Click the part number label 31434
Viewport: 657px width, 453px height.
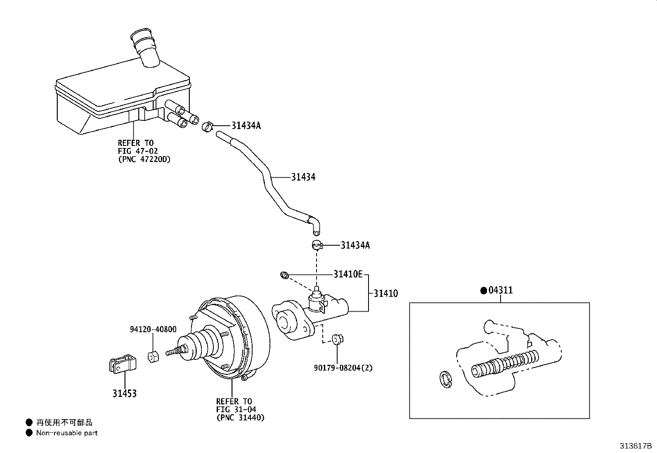pos(303,177)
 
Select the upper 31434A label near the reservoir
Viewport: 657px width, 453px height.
pos(246,125)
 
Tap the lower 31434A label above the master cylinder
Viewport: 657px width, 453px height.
pos(355,245)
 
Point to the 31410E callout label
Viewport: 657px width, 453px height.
pos(348,274)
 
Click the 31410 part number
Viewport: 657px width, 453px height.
pos(386,293)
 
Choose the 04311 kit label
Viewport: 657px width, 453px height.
pos(500,290)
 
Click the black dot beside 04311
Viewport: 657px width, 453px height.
pos(484,291)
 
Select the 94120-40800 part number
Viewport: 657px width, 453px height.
pos(153,329)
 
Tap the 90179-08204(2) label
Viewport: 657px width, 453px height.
pos(343,368)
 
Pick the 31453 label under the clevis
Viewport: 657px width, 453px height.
pos(125,393)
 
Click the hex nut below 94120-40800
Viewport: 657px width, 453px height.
pos(153,357)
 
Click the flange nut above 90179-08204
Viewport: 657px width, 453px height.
pos(338,339)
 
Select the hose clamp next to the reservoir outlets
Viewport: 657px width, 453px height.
pos(207,127)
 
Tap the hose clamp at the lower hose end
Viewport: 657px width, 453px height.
pos(317,245)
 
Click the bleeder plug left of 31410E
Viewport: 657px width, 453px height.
pos(284,275)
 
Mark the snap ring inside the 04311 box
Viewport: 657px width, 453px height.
pos(446,380)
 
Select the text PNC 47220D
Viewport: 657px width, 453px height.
pos(144,159)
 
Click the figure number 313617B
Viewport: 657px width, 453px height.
pos(636,446)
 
